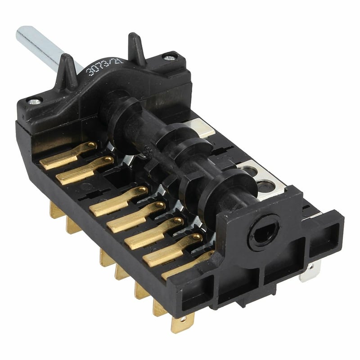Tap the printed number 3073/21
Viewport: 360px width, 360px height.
pyautogui.click(x=104, y=66)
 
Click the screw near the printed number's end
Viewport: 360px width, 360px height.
pyautogui.click(x=170, y=58)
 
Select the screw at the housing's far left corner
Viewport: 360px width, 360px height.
pyautogui.click(x=35, y=101)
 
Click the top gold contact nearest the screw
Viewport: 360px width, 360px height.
pyautogui.click(x=68, y=155)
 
